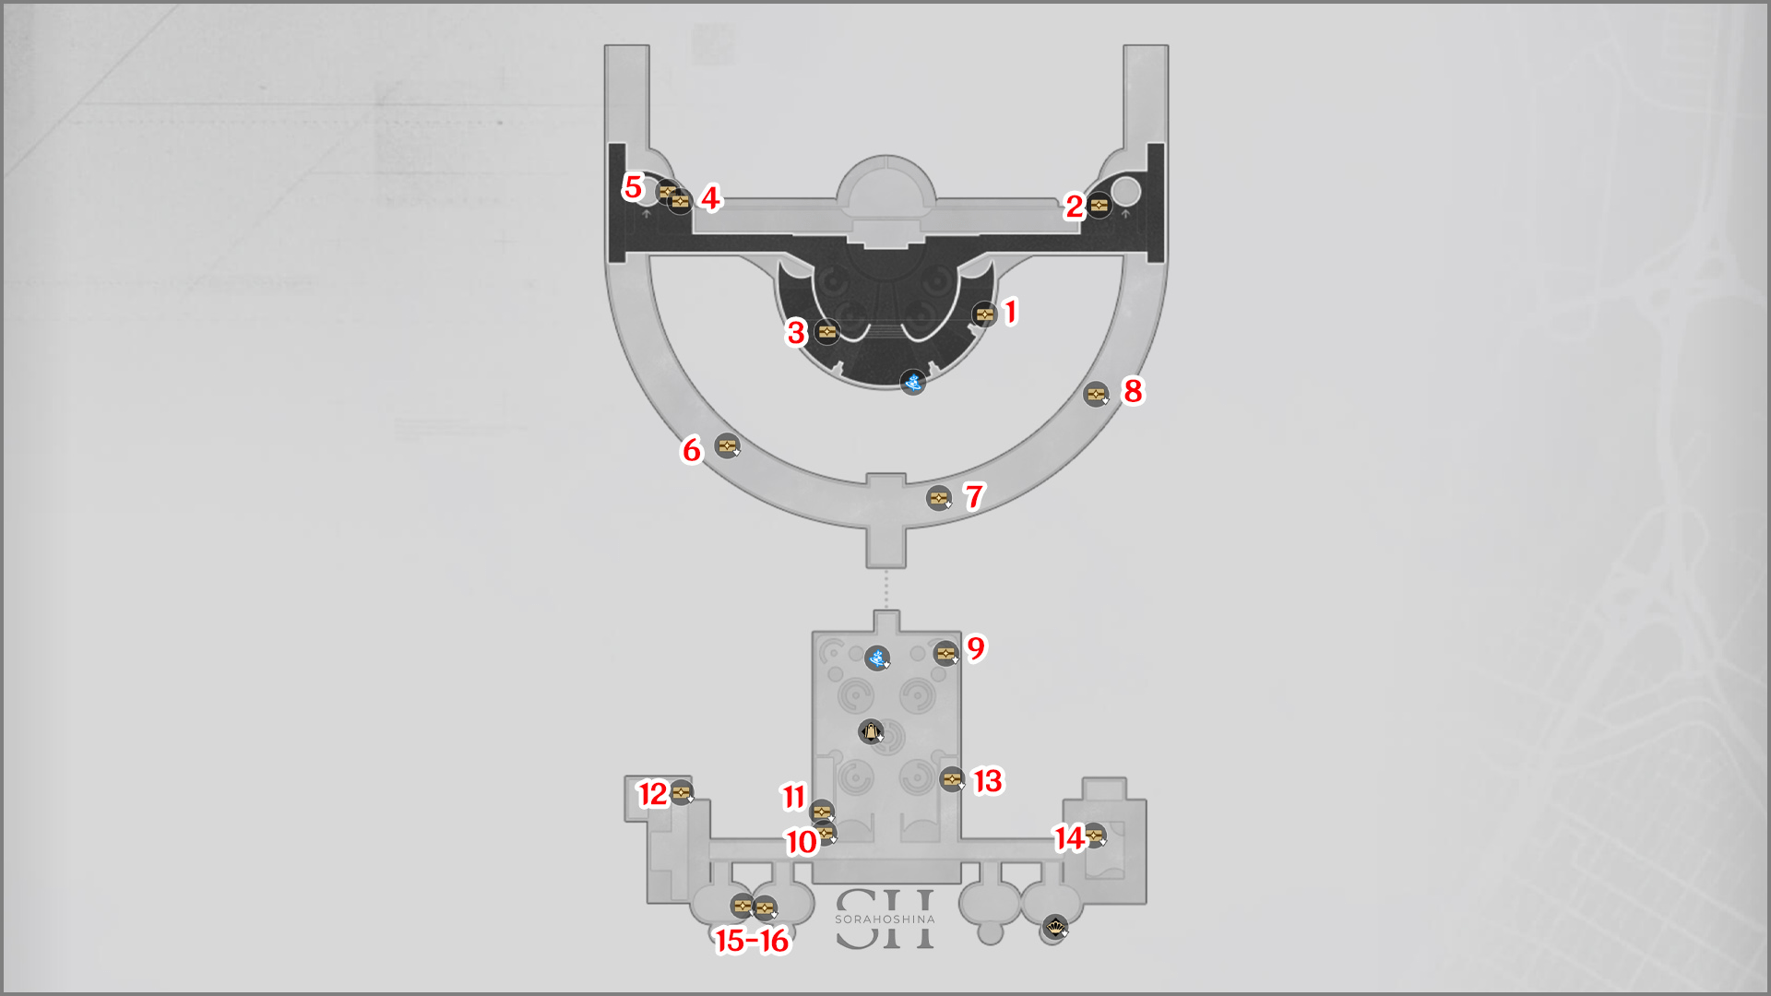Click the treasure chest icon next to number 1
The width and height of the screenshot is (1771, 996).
985,314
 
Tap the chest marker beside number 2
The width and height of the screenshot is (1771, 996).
1099,205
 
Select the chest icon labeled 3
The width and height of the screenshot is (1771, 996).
827,331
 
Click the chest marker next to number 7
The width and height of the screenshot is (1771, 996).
939,498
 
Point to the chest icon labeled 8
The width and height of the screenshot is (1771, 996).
1096,395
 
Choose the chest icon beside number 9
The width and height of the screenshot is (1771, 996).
946,654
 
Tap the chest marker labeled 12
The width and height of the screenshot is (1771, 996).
682,792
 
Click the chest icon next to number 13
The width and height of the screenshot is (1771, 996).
952,779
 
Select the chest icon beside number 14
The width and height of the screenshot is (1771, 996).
1095,836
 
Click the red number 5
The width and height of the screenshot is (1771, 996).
633,187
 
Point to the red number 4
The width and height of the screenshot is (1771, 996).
710,198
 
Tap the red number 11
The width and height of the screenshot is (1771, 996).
794,797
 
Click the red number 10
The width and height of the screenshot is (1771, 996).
802,842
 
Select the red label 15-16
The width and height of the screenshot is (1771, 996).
753,941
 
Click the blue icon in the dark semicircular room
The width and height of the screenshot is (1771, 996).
913,382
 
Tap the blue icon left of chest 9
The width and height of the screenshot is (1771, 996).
877,658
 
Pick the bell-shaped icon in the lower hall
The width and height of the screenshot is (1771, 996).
871,732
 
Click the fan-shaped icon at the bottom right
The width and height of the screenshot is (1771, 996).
1055,926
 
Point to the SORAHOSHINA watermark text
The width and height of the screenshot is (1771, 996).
885,919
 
